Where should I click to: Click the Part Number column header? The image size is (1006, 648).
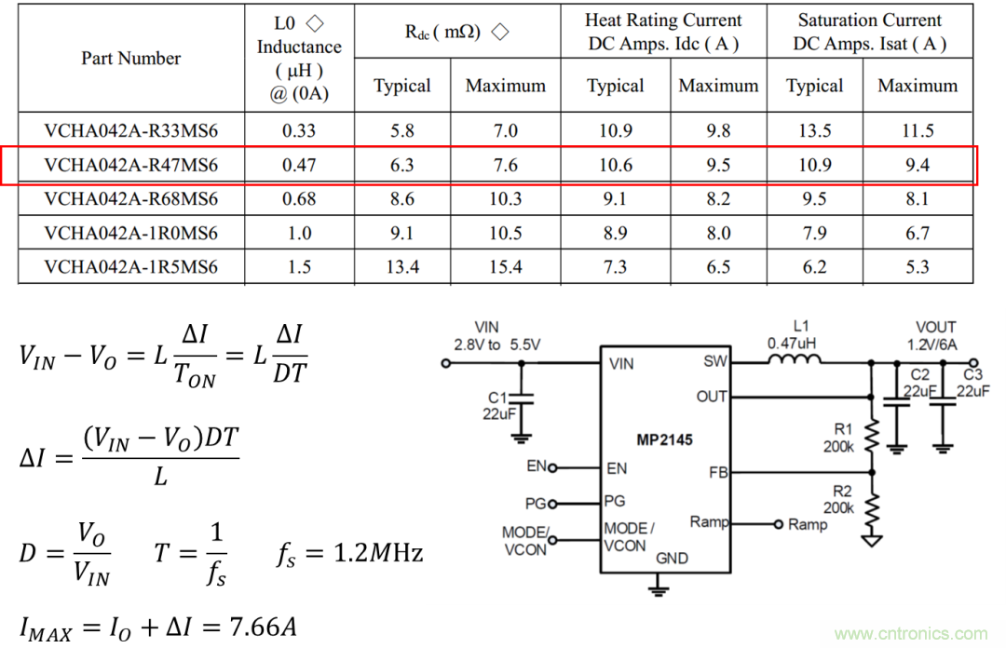point(130,58)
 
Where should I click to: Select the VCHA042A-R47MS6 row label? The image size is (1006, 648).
point(130,166)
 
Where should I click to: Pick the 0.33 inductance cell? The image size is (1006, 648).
point(299,131)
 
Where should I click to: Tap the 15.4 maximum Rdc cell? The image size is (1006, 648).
point(505,267)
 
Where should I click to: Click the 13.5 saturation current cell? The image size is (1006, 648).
point(814,131)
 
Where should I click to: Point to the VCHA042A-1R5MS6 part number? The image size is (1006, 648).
point(130,267)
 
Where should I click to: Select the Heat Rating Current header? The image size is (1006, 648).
point(663,32)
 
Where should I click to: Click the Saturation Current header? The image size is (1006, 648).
point(869,32)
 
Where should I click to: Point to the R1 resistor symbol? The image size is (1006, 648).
point(873,435)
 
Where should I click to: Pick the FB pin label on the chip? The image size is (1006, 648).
point(717,472)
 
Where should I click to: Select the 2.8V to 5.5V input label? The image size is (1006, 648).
point(496,344)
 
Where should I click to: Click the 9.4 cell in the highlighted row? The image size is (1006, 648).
point(917,166)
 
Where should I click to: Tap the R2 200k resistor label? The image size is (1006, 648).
point(838,499)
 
